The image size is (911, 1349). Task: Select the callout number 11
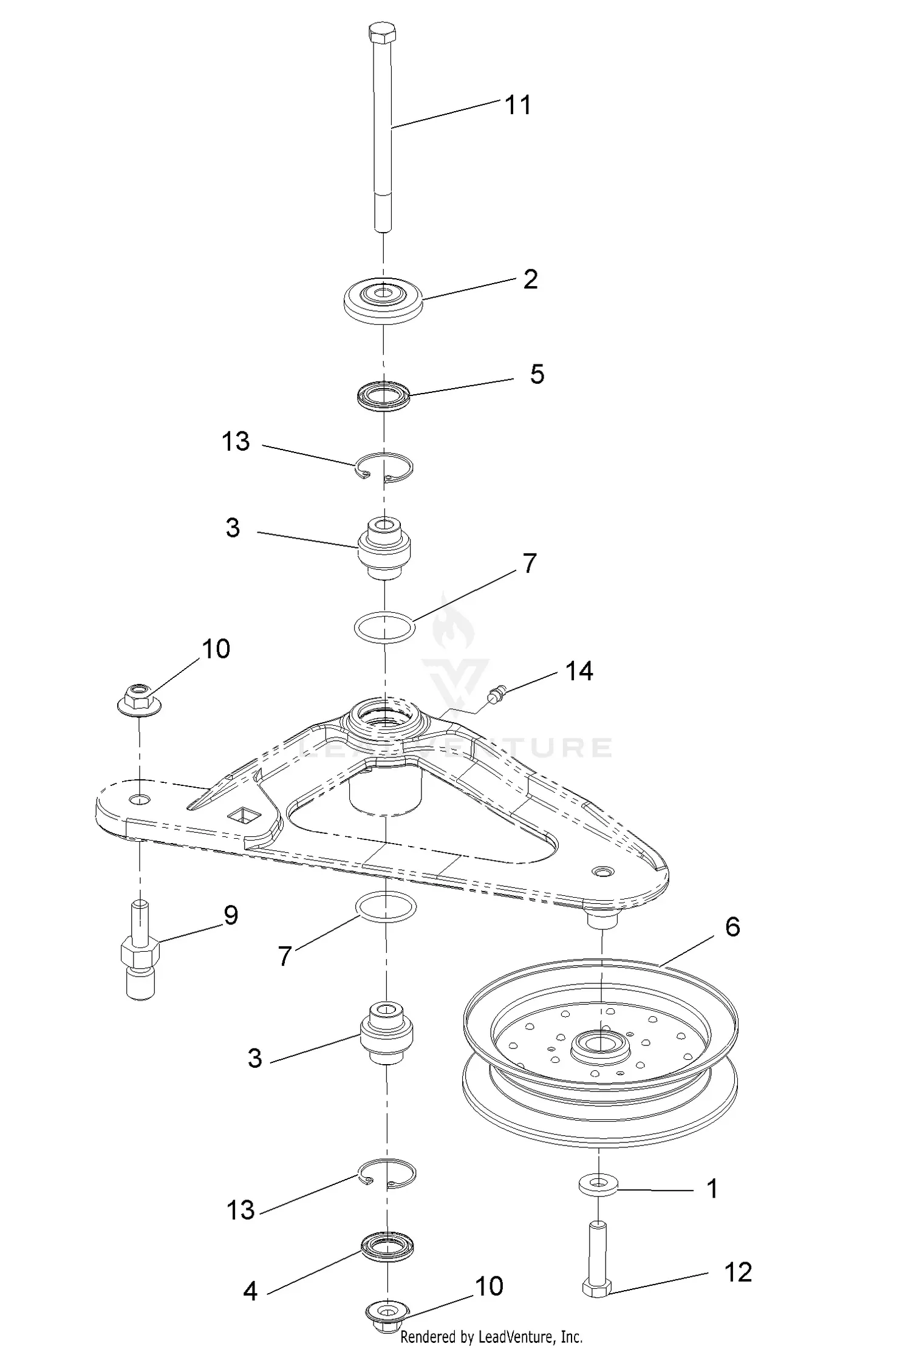518,105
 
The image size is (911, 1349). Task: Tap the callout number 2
530,279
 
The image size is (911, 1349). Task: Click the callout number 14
579,671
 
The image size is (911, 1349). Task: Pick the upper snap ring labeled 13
384,467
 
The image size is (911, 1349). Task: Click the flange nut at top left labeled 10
140,698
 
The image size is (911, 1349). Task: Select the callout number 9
231,915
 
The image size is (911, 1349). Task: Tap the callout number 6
732,927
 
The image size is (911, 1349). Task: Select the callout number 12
738,1272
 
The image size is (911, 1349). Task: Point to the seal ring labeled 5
383,395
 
